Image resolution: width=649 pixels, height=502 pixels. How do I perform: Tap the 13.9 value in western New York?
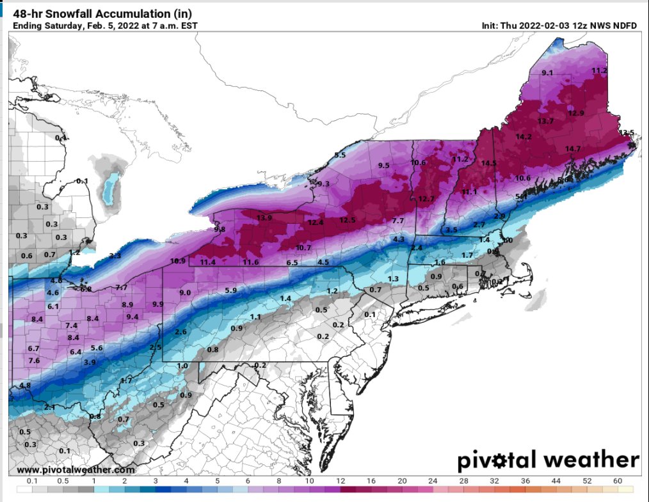point(264,218)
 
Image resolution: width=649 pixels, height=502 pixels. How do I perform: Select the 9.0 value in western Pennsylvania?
point(185,292)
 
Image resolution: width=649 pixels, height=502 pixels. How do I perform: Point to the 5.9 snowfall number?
point(231,291)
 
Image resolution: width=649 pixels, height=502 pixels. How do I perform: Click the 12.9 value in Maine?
point(576,113)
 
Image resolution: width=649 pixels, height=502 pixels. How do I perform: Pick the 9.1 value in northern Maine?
point(547,74)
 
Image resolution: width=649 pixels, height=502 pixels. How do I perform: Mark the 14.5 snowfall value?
point(489,163)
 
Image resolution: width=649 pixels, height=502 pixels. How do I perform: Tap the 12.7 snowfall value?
point(426,199)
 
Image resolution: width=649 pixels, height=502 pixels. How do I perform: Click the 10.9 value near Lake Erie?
point(178,261)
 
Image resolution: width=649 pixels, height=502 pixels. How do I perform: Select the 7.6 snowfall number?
point(34,361)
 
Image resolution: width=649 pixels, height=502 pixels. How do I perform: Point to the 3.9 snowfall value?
point(90,363)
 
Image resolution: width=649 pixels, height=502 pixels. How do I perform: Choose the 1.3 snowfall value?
point(393,279)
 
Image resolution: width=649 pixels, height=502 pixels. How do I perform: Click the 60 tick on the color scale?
point(618,480)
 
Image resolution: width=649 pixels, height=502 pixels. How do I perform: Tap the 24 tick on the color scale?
point(433,480)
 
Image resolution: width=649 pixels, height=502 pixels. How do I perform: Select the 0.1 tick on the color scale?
point(31,480)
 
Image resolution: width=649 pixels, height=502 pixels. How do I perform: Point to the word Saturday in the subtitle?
point(60,26)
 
